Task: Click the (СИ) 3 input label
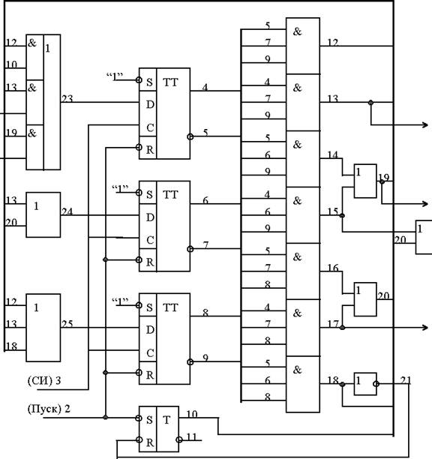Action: coord(44,380)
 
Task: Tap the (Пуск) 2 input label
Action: coord(49,409)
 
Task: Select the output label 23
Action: coord(67,99)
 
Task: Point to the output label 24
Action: coord(67,211)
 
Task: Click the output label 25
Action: coord(67,324)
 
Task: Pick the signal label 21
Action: coord(406,380)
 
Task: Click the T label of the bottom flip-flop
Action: coord(166,420)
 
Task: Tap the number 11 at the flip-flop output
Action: coord(191,437)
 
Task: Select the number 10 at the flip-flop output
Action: coord(192,414)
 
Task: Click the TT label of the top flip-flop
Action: coord(170,82)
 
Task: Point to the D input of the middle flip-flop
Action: coord(150,217)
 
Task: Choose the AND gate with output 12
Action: coord(303,46)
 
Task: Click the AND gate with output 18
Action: coord(303,384)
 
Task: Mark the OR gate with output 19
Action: coord(365,181)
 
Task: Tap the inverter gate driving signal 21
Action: coord(365,384)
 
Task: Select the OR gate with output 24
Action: coord(43,214)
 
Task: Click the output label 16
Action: coord(333,268)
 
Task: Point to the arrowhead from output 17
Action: coord(425,328)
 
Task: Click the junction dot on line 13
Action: coord(370,103)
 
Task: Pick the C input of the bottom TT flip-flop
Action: coord(150,352)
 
